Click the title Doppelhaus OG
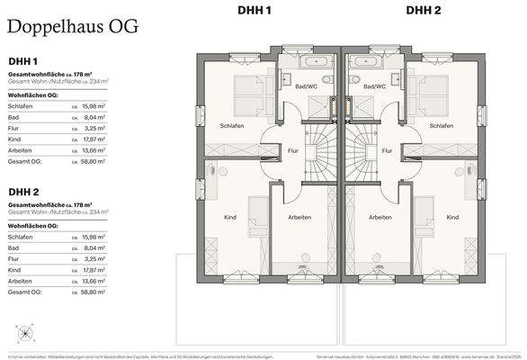pyautogui.click(x=73, y=26)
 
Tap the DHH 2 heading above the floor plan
pyautogui.click(x=423, y=10)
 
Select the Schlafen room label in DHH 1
pyautogui.click(x=232, y=126)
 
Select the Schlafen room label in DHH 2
pyautogui.click(x=442, y=126)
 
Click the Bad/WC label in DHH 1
pyautogui.click(x=307, y=86)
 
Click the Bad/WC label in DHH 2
pyautogui.click(x=374, y=86)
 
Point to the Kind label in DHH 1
pyautogui.click(x=229, y=217)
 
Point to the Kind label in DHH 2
pyautogui.click(x=452, y=217)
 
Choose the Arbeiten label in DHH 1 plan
pyautogui.click(x=299, y=217)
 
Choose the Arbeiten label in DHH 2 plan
pyautogui.click(x=380, y=217)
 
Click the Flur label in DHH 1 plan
pyautogui.click(x=292, y=151)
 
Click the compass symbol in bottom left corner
pyautogui.click(x=24, y=333)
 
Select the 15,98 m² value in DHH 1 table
pyautogui.click(x=94, y=105)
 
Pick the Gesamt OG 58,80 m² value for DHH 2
pyautogui.click(x=94, y=292)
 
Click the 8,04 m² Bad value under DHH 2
pyautogui.click(x=94, y=247)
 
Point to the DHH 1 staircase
pyautogui.click(x=319, y=144)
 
